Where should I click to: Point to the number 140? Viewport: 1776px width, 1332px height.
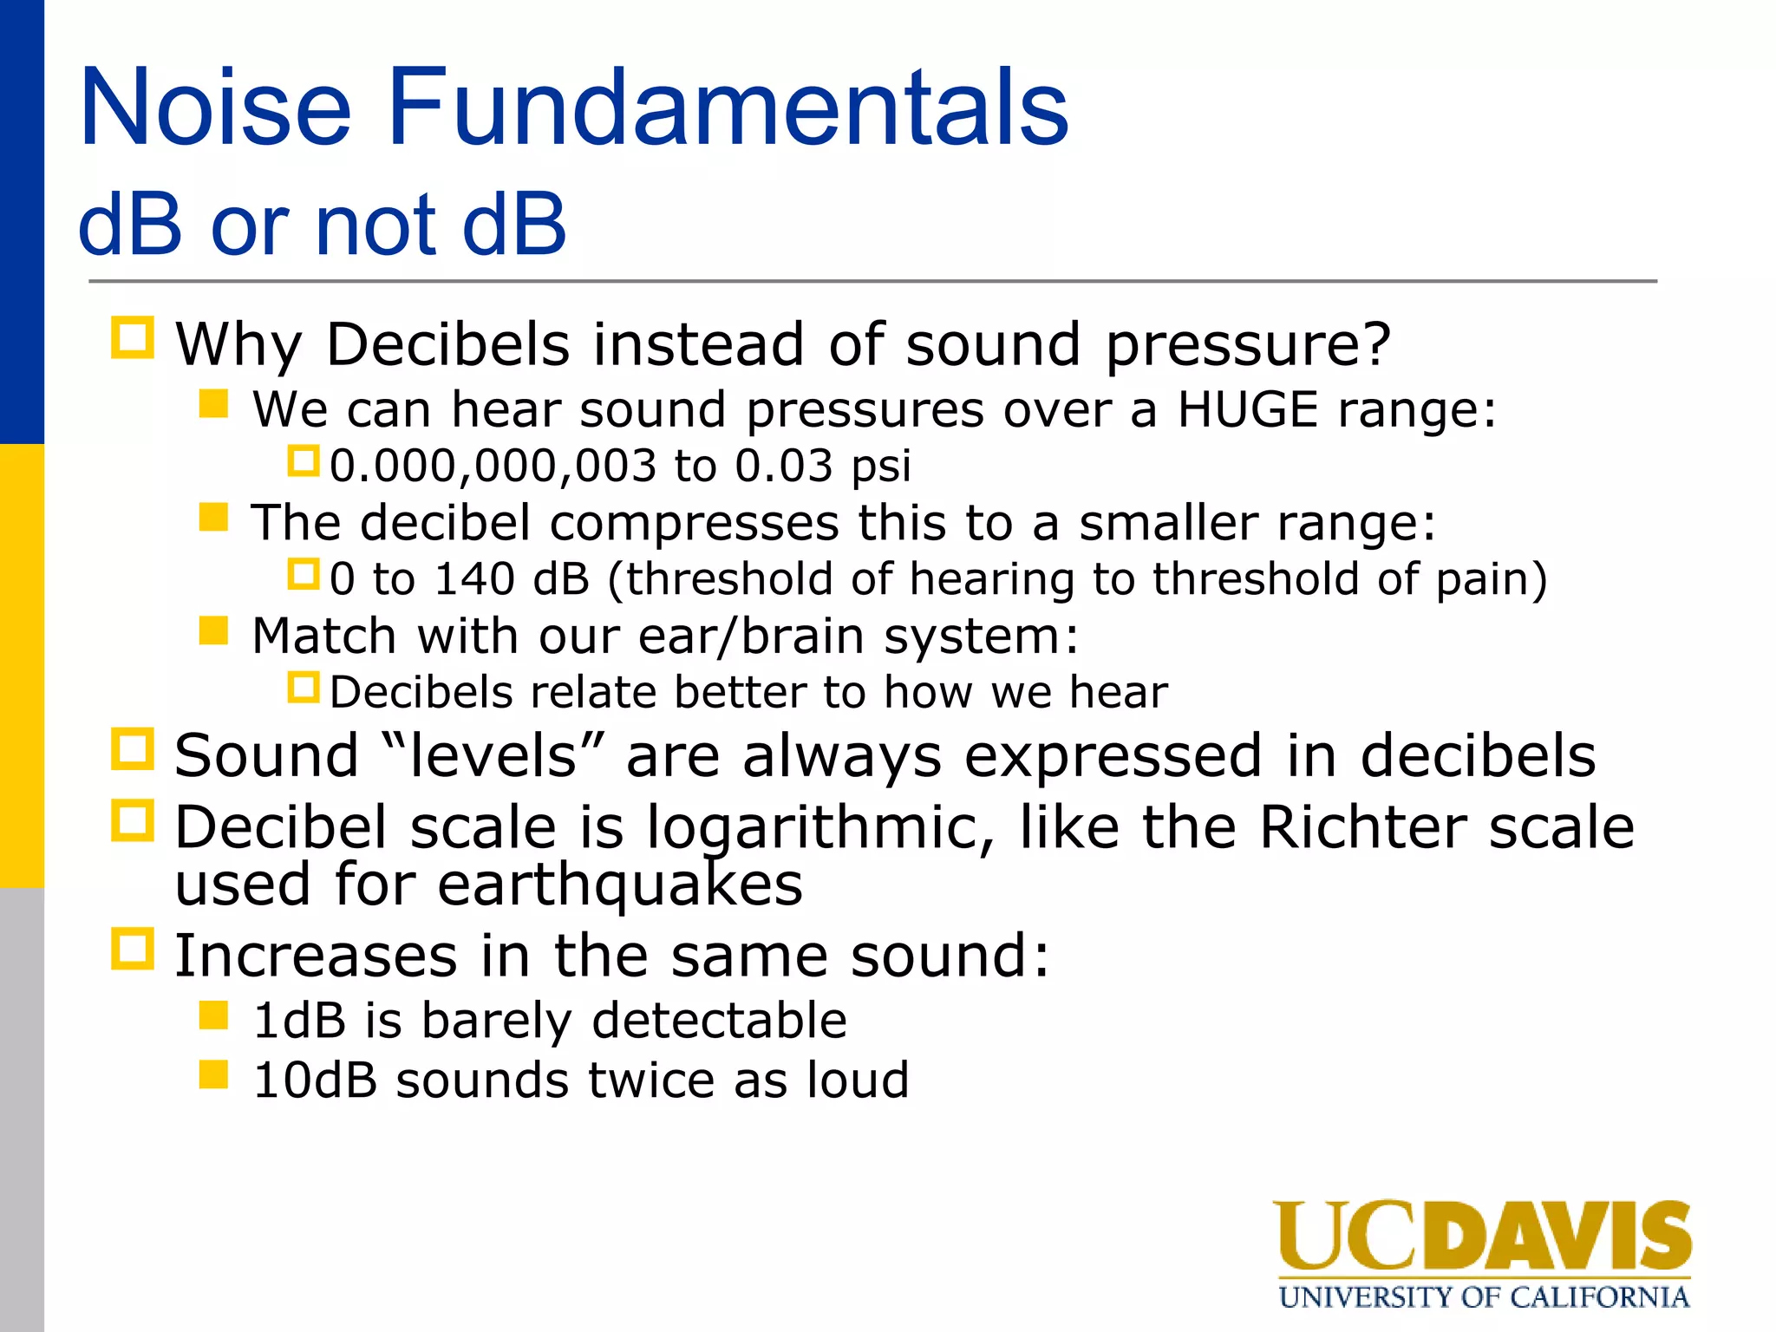point(474,578)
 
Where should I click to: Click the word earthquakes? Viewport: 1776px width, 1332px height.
point(619,885)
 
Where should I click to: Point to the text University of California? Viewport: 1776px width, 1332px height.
point(1483,1297)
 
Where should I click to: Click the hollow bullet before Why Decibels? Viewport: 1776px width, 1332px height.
point(133,338)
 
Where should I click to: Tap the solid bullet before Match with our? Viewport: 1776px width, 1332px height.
point(213,630)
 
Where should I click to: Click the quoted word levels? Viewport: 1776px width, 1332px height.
point(493,755)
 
